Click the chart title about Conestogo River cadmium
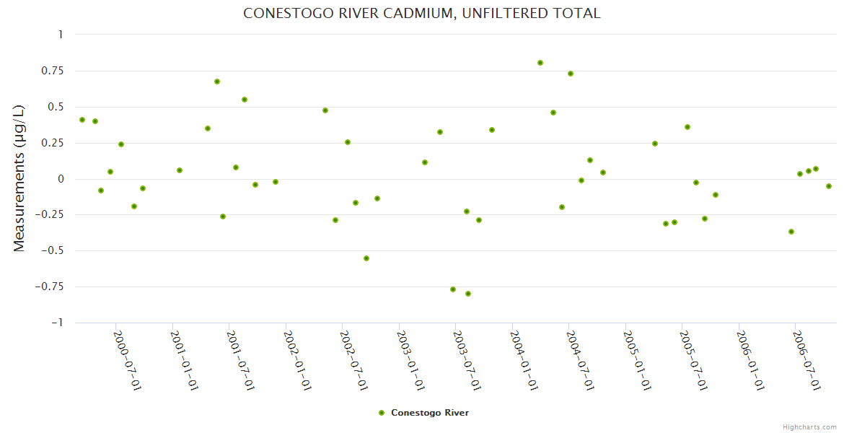(421, 13)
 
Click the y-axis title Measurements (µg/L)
(19, 178)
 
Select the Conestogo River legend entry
(429, 413)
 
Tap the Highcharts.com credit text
(809, 427)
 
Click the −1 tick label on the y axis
(56, 323)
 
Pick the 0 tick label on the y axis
(61, 179)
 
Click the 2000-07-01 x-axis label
(128, 360)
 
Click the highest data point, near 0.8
(540, 63)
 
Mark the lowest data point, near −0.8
(468, 294)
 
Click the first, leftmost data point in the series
(82, 120)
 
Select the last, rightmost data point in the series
(829, 186)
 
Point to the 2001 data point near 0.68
(217, 82)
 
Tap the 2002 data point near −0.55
(366, 258)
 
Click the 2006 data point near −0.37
(791, 232)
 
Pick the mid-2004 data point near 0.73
(571, 74)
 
